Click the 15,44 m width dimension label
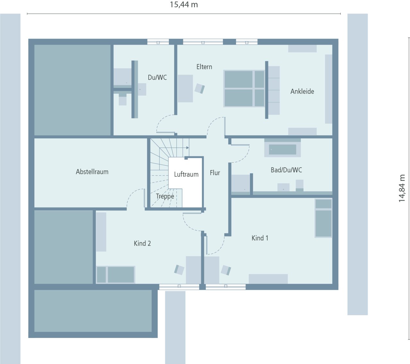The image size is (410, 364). [184, 5]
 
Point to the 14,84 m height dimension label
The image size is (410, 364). [402, 188]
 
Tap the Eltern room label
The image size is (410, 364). [204, 67]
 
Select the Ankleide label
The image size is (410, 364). [302, 91]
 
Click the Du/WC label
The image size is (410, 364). [157, 77]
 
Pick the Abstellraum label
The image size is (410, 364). [92, 172]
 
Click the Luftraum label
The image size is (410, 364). [186, 174]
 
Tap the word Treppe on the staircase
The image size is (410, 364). [165, 196]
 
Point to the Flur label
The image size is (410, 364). [215, 173]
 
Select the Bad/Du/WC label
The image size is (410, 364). [286, 170]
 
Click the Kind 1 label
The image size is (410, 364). [260, 238]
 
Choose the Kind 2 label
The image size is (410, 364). [142, 243]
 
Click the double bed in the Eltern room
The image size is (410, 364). [244, 88]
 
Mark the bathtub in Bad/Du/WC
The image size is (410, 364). [282, 149]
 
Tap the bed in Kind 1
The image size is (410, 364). [323, 218]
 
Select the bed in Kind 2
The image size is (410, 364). [116, 275]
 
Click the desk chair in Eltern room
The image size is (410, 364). [200, 88]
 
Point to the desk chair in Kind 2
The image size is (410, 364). [179, 270]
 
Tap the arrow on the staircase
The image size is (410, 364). [187, 148]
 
